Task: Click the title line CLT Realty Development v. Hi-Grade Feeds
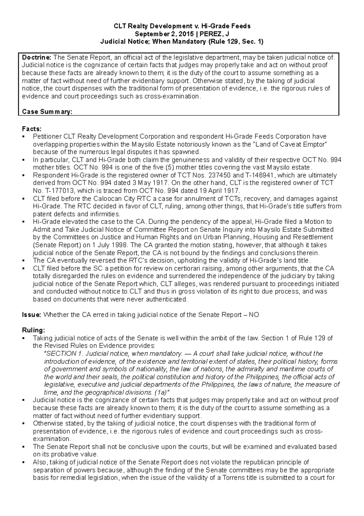(182, 26)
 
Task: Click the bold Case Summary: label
(47, 112)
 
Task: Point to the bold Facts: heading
(32, 129)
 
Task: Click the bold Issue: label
(32, 315)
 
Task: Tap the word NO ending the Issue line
(254, 315)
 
